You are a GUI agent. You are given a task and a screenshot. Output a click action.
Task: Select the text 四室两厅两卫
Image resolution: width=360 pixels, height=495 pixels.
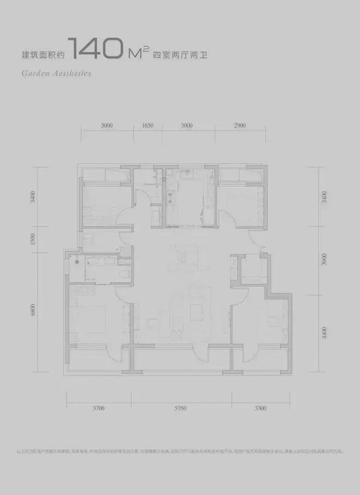pyautogui.click(x=177, y=55)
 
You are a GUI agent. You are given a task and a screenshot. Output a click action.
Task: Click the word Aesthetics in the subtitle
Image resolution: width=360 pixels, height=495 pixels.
pyautogui.click(x=71, y=73)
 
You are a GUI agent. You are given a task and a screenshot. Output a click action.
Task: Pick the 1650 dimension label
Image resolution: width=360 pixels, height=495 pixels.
pyautogui.click(x=147, y=126)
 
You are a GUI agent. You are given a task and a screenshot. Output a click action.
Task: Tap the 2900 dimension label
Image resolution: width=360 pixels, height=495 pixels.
pyautogui.click(x=240, y=126)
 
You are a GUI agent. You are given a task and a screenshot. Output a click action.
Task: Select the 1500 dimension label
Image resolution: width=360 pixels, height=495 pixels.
pyautogui.click(x=33, y=238)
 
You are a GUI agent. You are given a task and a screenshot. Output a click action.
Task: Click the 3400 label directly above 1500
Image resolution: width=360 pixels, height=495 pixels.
pyautogui.click(x=33, y=196)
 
